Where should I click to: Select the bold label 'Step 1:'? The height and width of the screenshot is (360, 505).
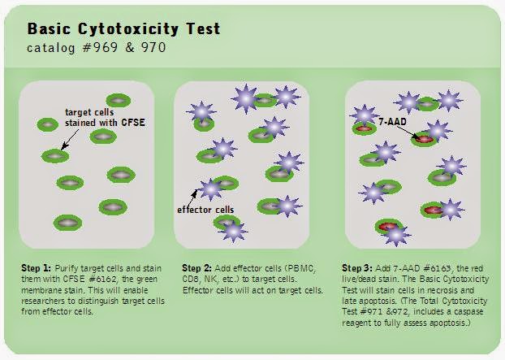pyautogui.click(x=37, y=267)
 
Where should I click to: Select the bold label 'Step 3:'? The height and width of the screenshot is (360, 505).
pyautogui.click(x=360, y=267)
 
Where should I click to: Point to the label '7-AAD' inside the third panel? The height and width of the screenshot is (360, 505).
pyautogui.click(x=391, y=121)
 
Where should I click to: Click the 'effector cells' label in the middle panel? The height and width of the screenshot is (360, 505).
pyautogui.click(x=205, y=209)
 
